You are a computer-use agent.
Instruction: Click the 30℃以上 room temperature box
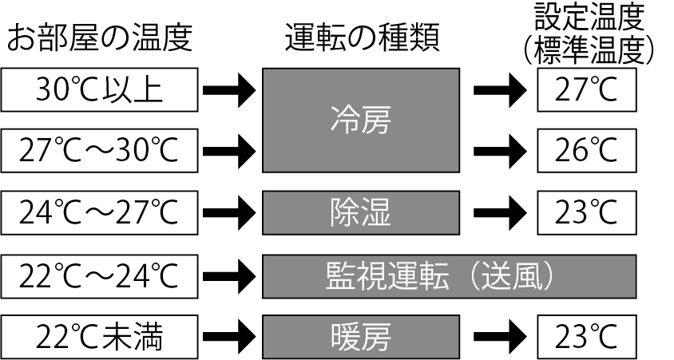point(99,89)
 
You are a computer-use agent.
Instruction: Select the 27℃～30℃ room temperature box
point(99,151)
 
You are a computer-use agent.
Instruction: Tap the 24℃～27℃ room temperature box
point(99,212)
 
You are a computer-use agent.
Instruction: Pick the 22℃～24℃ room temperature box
point(99,276)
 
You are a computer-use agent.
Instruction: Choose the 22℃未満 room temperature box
point(99,337)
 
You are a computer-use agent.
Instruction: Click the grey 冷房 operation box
point(361,121)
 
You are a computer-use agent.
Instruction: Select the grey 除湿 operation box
point(361,212)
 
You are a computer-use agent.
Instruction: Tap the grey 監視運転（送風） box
point(449,276)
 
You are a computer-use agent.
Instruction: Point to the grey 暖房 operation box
point(361,337)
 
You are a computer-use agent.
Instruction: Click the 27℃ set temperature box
point(587,89)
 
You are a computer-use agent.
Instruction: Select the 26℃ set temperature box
point(587,151)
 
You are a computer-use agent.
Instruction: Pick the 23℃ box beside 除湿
point(587,212)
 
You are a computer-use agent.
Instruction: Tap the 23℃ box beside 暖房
point(587,337)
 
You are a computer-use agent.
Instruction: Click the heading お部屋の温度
point(99,38)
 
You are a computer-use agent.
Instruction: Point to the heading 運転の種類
point(362,38)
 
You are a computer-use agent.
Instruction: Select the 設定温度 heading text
point(589,18)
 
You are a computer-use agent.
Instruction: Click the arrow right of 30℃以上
point(229,90)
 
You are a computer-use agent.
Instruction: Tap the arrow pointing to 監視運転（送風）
point(229,276)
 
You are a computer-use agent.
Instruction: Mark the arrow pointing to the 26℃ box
point(500,151)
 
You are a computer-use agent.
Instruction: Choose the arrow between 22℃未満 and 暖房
point(229,337)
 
